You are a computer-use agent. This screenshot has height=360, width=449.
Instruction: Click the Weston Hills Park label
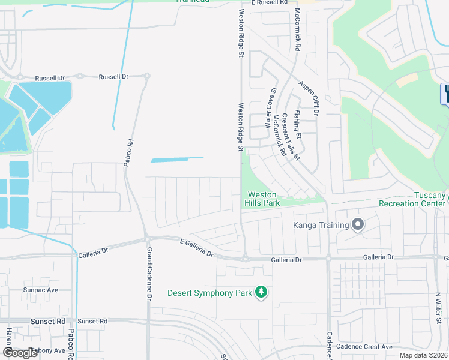[262, 199]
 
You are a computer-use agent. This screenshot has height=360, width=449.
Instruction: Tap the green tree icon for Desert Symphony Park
[261, 292]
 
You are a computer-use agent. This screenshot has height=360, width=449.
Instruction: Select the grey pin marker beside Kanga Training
[358, 225]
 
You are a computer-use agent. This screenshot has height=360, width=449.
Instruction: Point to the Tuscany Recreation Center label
[414, 199]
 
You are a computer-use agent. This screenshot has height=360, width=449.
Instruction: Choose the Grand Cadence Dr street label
[149, 273]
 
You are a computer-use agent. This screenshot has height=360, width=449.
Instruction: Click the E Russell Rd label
[269, 2]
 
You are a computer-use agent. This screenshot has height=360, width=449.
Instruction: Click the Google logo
[19, 353]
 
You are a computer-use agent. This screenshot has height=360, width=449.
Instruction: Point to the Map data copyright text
[423, 355]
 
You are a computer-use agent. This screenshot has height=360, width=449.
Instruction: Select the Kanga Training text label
[321, 226]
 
